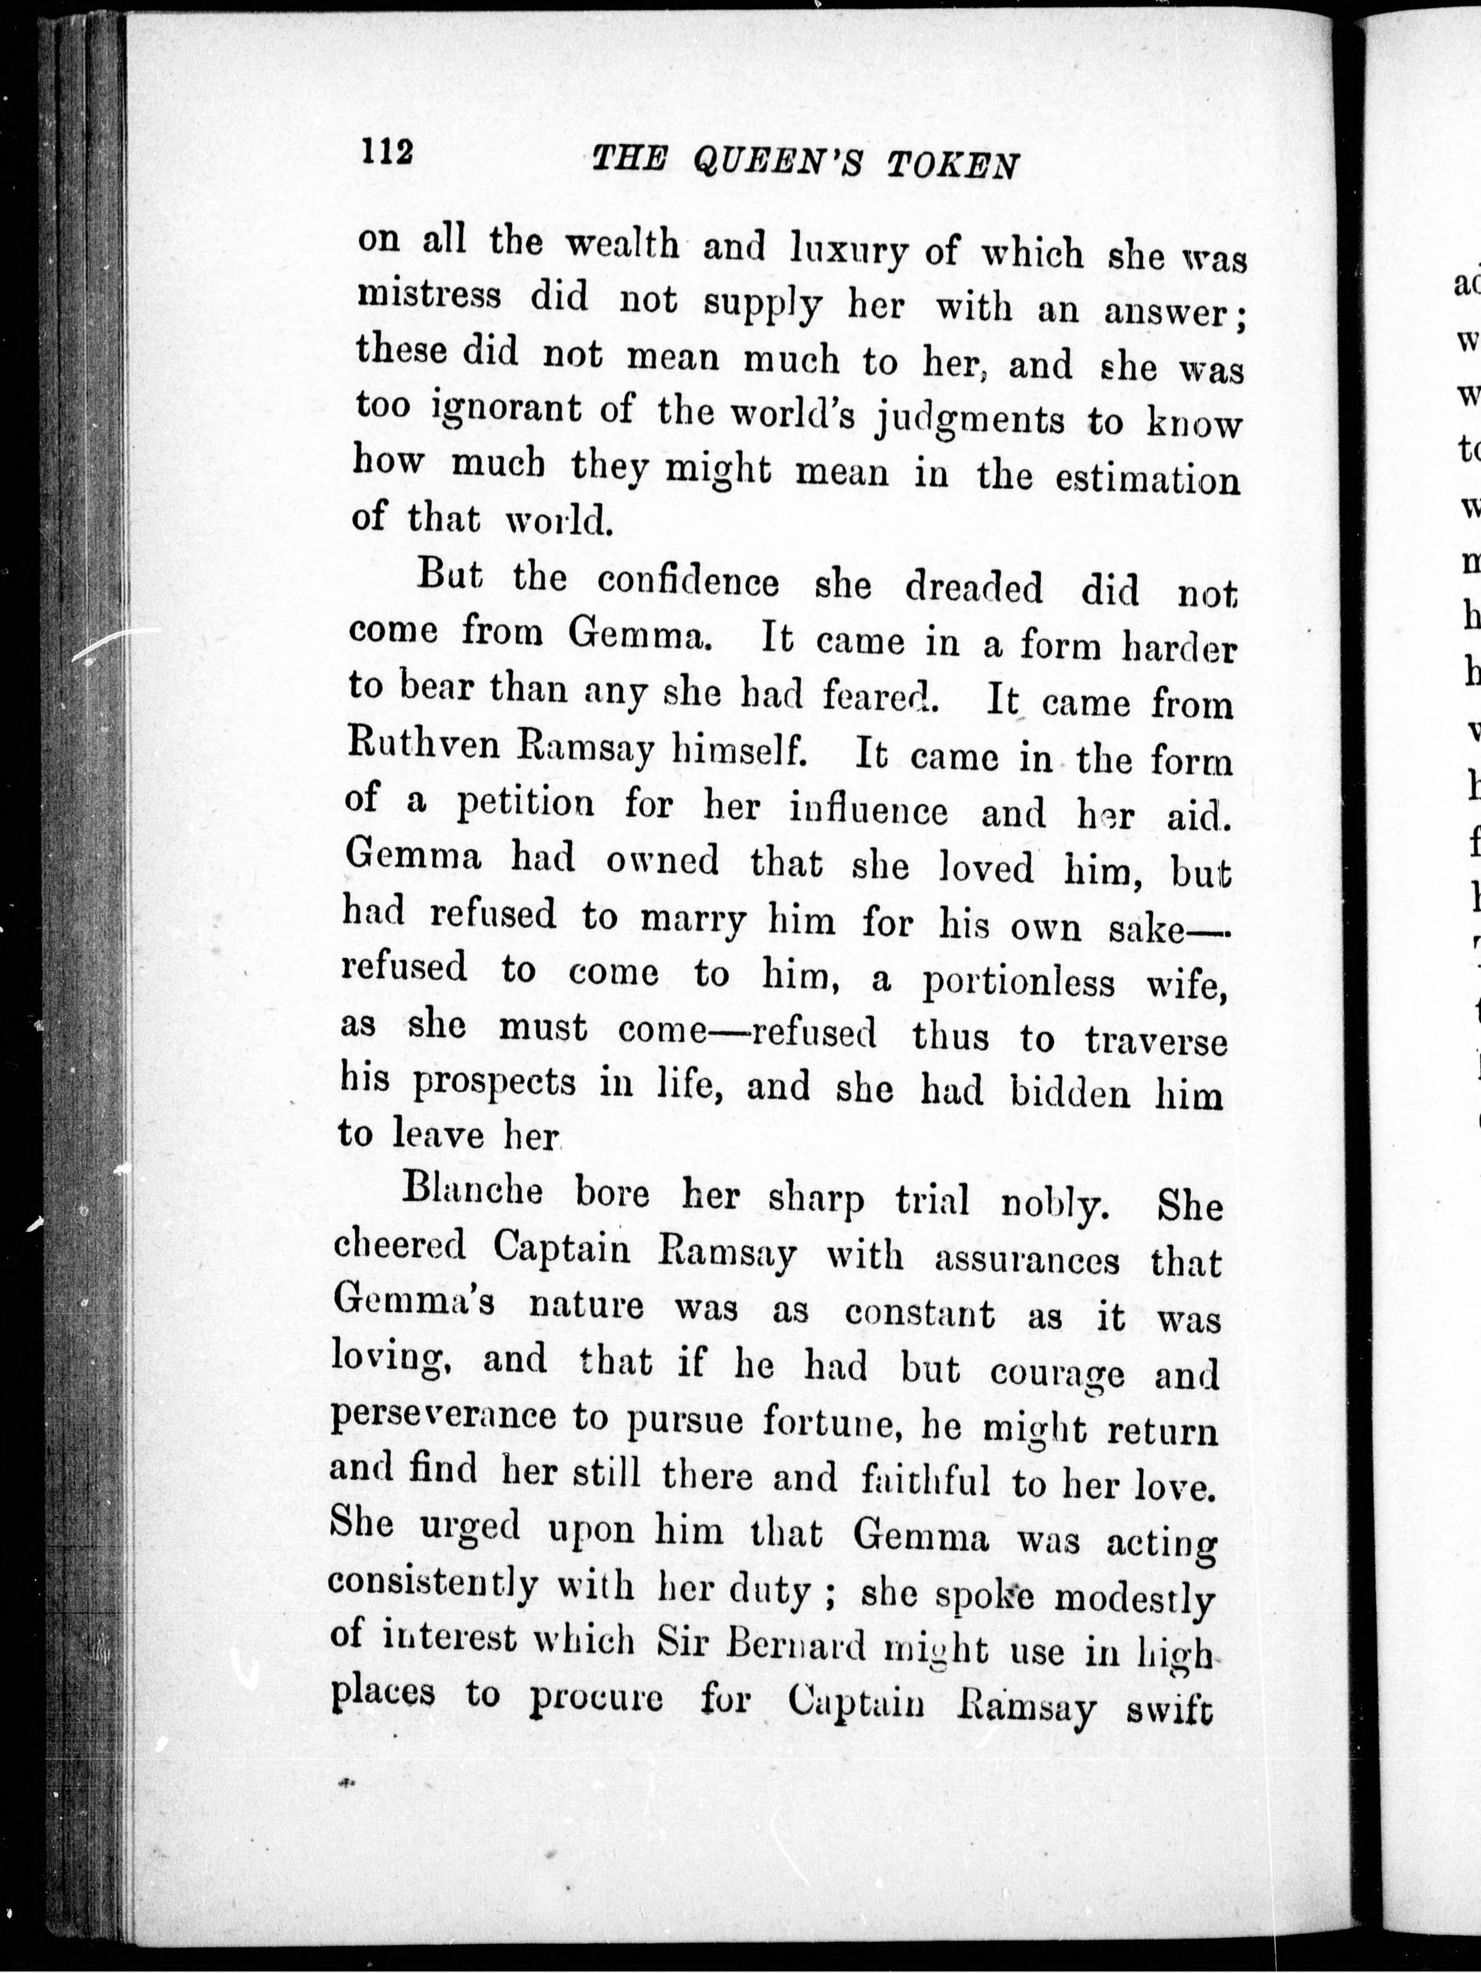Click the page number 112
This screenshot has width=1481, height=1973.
[387, 152]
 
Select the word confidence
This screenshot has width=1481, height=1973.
[688, 582]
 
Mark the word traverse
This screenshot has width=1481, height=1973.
[1156, 1040]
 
